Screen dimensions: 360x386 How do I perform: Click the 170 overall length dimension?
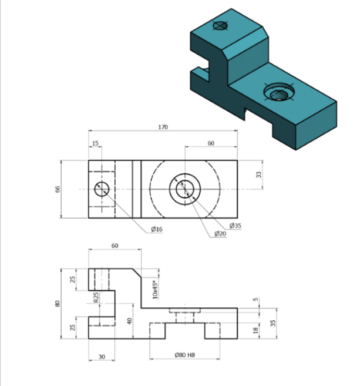(x=163, y=127)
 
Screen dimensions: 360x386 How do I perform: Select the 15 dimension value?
(x=95, y=143)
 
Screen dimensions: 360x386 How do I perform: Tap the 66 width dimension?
(x=58, y=189)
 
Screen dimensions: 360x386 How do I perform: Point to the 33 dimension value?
(x=258, y=174)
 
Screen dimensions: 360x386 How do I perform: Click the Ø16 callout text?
(x=157, y=229)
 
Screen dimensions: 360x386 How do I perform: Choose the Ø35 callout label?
(x=235, y=226)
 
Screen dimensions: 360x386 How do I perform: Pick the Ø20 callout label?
(x=220, y=233)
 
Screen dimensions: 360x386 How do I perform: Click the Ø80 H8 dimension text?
(x=185, y=355)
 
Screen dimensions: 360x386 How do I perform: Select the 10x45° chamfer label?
(x=155, y=290)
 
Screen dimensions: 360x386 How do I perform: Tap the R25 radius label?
(x=96, y=297)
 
